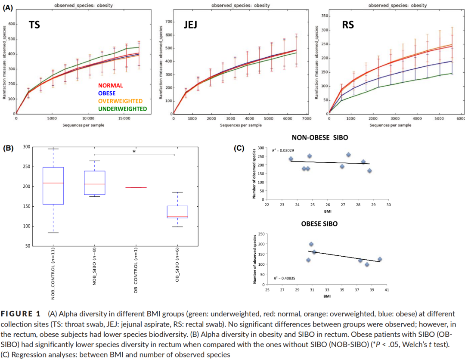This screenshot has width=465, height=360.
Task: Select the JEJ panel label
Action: click(x=190, y=25)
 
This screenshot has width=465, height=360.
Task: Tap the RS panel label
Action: click(x=348, y=25)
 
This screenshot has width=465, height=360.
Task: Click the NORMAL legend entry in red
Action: click(x=110, y=85)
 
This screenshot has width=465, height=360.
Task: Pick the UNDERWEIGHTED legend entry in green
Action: click(x=122, y=109)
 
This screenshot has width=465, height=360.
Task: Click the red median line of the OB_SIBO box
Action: click(x=177, y=217)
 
